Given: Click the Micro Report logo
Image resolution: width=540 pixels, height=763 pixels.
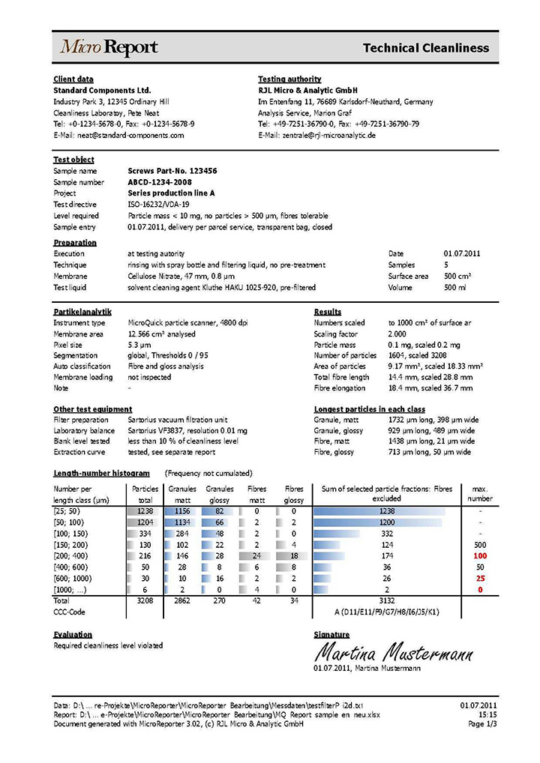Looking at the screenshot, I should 109,48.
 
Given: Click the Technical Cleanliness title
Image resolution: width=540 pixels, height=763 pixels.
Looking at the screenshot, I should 425,48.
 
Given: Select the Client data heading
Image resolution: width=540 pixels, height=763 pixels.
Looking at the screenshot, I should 73,79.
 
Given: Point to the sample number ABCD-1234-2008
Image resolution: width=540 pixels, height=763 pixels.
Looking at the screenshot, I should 160,182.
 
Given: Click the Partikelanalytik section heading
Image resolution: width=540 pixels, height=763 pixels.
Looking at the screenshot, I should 82,311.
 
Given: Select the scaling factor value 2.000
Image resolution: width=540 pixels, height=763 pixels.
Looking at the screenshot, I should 400,334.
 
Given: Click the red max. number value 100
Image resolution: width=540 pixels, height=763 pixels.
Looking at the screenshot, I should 480,556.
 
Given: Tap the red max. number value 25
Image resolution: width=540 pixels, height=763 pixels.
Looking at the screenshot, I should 480,579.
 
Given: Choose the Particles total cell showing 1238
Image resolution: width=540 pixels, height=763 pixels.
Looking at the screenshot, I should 145,511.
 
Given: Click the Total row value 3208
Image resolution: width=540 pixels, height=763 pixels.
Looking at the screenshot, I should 145,601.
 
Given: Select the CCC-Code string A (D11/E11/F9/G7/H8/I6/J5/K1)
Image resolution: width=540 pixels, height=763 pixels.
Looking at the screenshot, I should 386,612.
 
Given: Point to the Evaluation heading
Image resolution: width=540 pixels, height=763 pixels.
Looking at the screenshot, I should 73,634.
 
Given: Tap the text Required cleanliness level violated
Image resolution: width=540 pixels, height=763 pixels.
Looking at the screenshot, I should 108,645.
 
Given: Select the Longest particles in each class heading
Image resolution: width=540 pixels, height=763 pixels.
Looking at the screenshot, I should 370,409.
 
